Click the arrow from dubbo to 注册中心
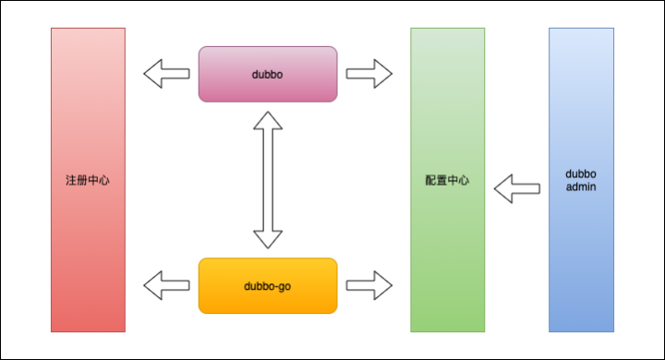coord(166,73)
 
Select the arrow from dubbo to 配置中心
coord(369,73)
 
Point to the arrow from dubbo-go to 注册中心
coord(166,285)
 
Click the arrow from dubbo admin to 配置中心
coord(516,189)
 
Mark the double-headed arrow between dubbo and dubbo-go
coord(268,180)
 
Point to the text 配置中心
coord(447,180)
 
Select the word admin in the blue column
coord(581,187)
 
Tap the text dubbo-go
coord(268,285)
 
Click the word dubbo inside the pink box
coord(268,73)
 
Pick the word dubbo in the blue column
coord(581,174)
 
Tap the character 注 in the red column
coord(69,180)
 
